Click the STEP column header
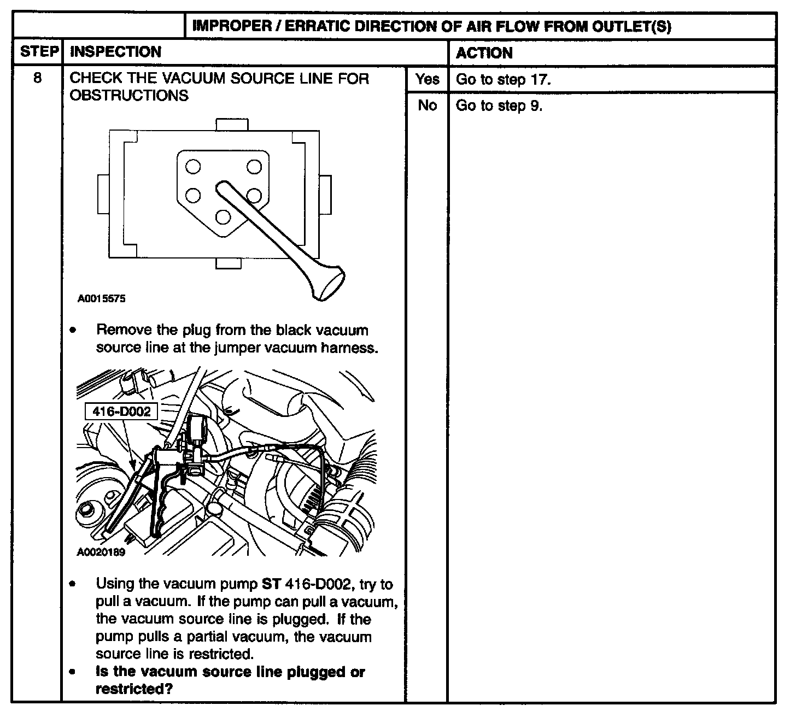click(x=39, y=52)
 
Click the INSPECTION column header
click(x=116, y=52)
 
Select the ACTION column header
click(x=484, y=53)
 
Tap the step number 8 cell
click(x=37, y=78)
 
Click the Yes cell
click(x=426, y=79)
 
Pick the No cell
click(x=426, y=105)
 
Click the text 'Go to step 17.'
click(x=503, y=80)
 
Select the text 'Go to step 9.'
click(x=499, y=105)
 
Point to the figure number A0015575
click(x=101, y=299)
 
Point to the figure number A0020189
click(x=101, y=553)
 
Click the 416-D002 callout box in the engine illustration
click(x=121, y=412)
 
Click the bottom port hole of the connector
click(x=223, y=218)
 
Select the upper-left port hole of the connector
click(x=193, y=166)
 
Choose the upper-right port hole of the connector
click(x=254, y=166)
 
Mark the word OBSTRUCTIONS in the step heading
click(x=129, y=96)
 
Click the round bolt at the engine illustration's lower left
click(x=87, y=512)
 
